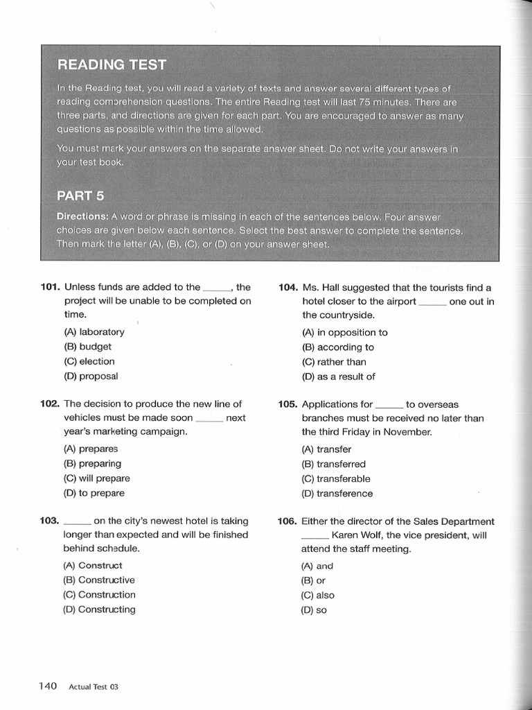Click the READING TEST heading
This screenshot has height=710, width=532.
tap(112, 64)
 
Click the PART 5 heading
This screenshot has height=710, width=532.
tap(80, 196)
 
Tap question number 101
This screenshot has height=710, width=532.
tap(51, 287)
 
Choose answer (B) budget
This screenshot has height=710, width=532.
tap(87, 347)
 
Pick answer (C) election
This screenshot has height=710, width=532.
tap(89, 361)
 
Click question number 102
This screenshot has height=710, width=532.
tap(51, 404)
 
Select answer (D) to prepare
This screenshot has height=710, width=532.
tap(94, 493)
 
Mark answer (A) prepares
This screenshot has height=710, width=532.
tap(91, 449)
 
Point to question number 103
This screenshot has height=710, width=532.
tap(51, 521)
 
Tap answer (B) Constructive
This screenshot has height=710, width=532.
tap(99, 580)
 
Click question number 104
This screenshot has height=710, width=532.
tap(288, 287)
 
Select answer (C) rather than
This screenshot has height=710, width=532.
tap(334, 362)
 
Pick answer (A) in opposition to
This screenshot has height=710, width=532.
tap(345, 332)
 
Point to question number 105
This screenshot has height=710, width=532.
tap(288, 404)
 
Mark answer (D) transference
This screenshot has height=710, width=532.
tap(337, 494)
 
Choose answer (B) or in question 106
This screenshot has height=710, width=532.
tap(314, 580)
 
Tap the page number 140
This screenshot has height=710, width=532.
tap(47, 686)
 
